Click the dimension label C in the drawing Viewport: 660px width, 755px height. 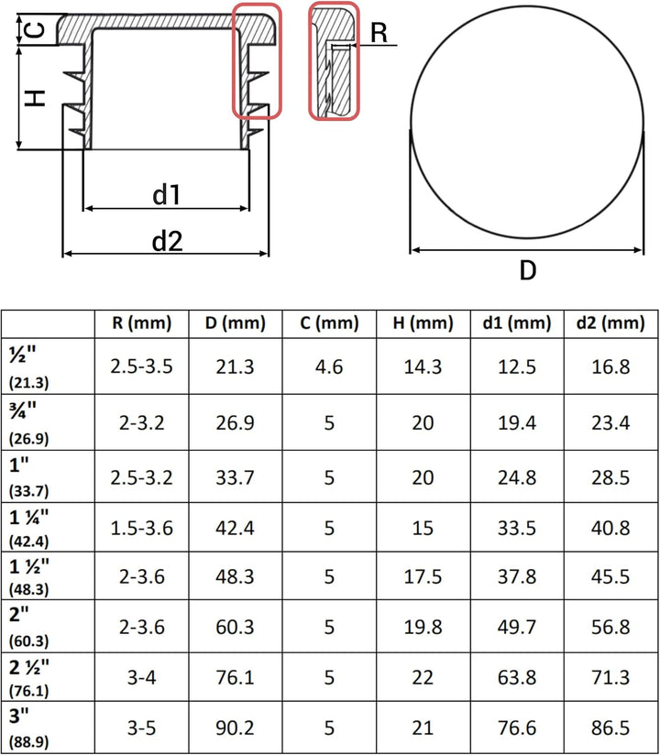click(35, 30)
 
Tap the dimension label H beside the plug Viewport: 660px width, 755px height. click(35, 98)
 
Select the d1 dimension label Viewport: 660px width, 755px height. click(166, 194)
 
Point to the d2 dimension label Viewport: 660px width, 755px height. click(167, 240)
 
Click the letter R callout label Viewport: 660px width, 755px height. click(379, 33)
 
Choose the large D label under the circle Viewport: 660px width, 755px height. click(528, 270)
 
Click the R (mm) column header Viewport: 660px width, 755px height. click(142, 323)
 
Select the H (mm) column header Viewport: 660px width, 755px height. click(423, 323)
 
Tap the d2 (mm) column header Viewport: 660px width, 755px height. click(610, 323)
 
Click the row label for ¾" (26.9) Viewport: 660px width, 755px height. click(29, 422)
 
